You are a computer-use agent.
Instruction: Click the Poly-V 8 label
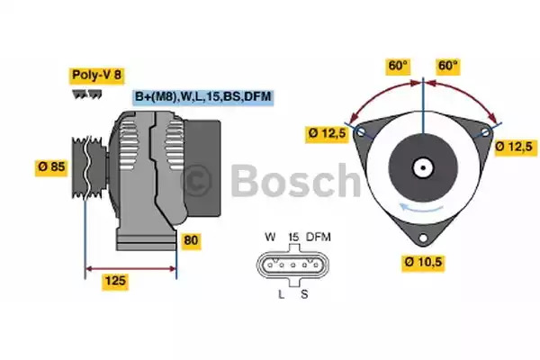[97, 76]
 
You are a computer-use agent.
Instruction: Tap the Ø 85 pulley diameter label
[51, 167]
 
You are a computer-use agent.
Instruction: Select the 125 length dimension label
[115, 281]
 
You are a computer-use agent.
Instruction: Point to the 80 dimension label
[191, 240]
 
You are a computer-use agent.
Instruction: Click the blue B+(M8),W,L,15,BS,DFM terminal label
[203, 97]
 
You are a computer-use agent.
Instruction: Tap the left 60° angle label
[398, 66]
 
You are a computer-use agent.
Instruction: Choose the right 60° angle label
[447, 66]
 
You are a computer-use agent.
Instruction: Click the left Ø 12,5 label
[327, 134]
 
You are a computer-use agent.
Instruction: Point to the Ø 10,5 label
[423, 263]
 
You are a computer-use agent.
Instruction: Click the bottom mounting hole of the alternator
[423, 238]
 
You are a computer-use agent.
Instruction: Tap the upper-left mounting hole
[361, 131]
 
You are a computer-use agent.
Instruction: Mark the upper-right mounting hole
[486, 131]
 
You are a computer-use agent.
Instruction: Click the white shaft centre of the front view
[423, 167]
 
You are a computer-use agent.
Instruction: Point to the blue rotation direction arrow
[421, 208]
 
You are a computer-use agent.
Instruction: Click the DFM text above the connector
[319, 237]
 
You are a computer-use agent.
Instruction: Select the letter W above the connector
[270, 237]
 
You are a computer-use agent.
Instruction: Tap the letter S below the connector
[304, 294]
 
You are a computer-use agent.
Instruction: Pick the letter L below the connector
[282, 294]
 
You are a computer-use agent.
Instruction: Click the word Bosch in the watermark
[295, 181]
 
